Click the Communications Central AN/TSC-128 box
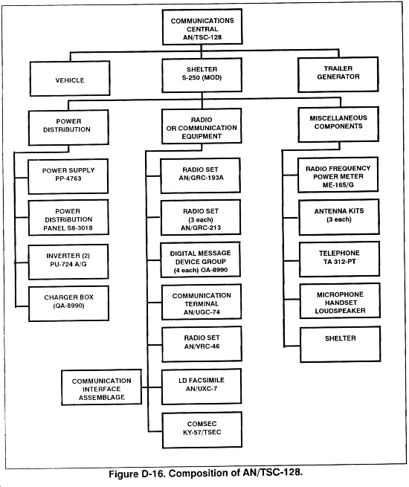(202, 27)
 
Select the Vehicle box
(70, 78)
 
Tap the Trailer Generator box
(338, 74)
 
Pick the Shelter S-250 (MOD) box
(202, 76)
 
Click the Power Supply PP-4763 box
(68, 176)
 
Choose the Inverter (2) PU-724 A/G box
(68, 262)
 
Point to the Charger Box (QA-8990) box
(68, 303)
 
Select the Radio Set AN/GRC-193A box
(200, 175)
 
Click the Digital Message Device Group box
(201, 260)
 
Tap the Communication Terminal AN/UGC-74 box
(202, 302)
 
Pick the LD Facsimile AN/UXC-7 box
(202, 387)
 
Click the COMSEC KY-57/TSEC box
(202, 430)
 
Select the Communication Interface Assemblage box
(102, 387)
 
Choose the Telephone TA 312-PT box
(339, 259)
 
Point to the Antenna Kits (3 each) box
(339, 217)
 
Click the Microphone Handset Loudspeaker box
(340, 301)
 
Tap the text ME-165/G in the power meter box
(338, 185)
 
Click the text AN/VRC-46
(202, 346)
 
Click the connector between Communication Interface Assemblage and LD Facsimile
(152, 387)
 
